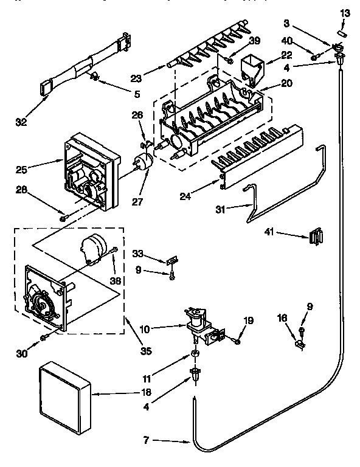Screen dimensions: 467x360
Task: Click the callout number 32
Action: click(21, 121)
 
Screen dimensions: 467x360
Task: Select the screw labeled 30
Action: click(43, 338)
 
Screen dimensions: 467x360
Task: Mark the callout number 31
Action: click(223, 210)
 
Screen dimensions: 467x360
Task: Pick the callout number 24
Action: click(185, 196)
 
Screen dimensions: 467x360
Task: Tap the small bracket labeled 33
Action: click(173, 260)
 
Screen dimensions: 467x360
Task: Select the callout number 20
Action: click(285, 83)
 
